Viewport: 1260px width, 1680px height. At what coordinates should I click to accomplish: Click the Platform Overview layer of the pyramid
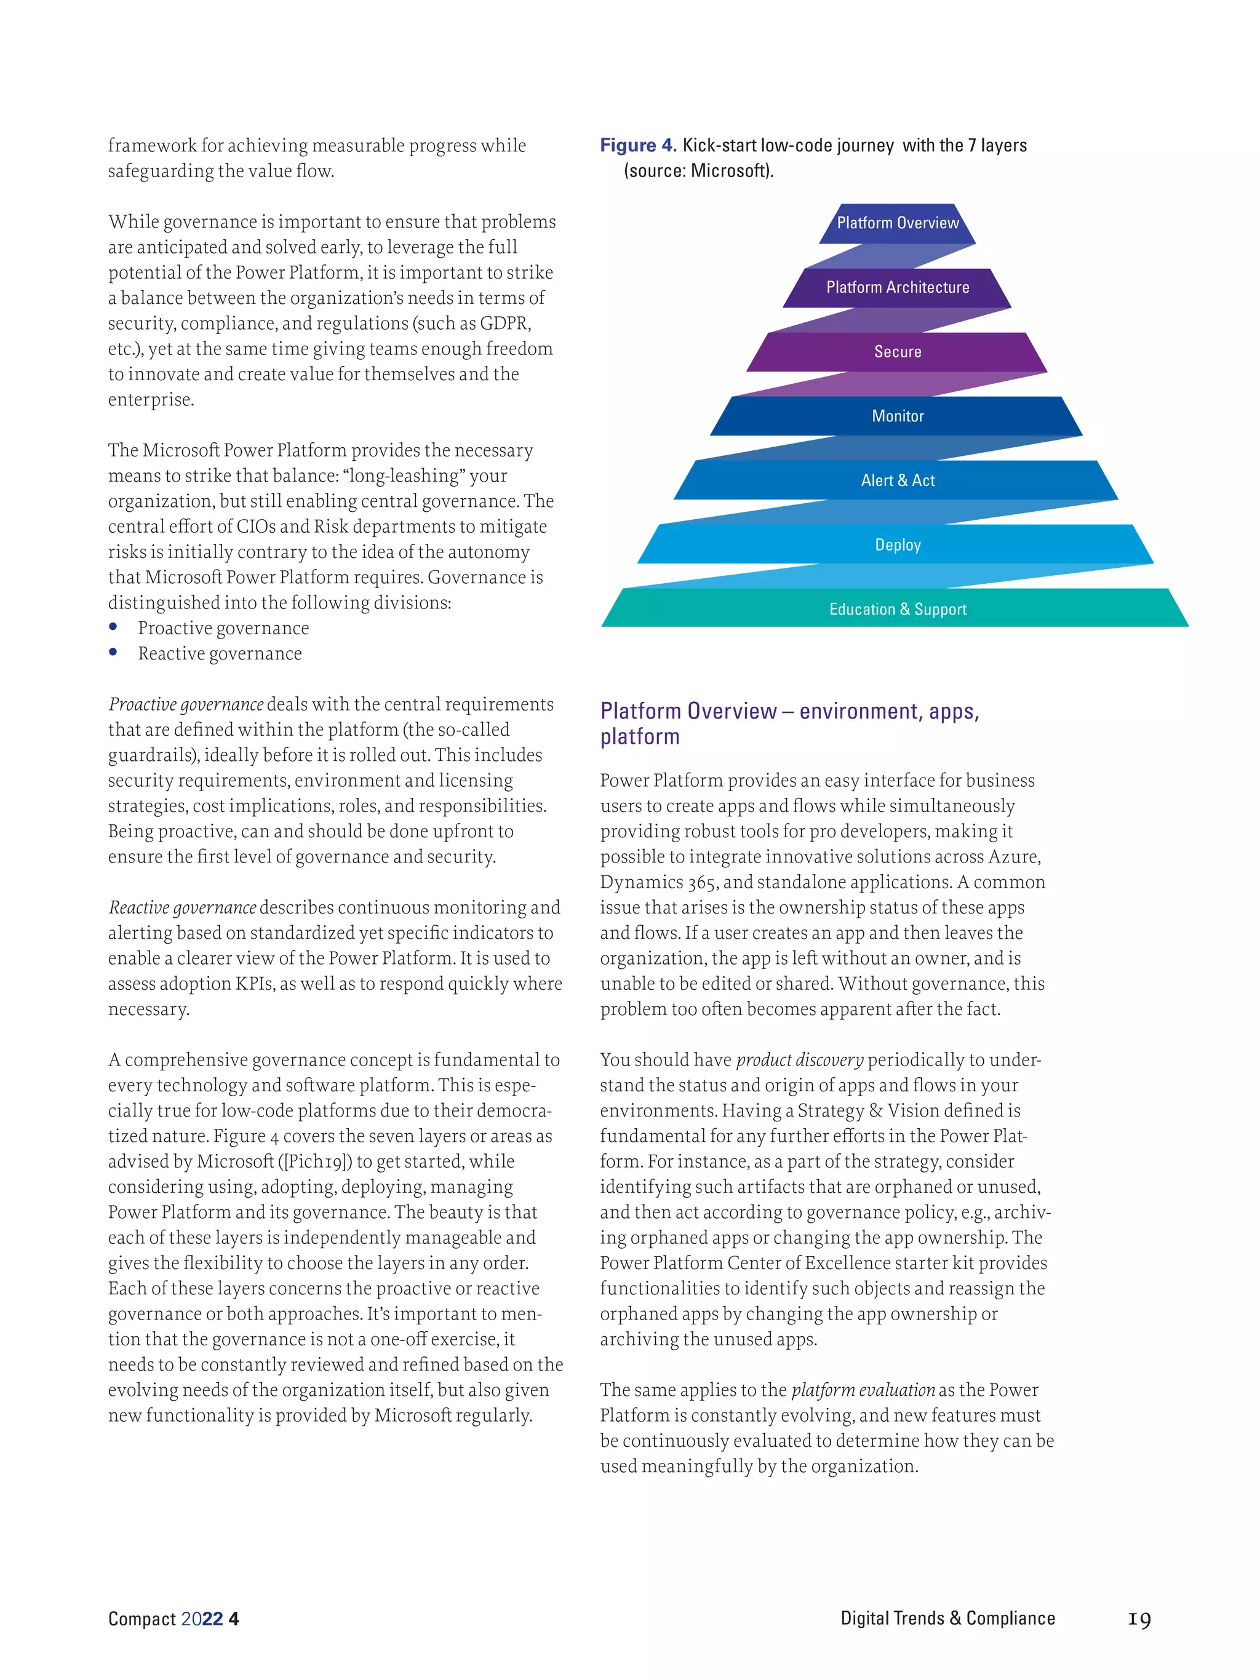897,223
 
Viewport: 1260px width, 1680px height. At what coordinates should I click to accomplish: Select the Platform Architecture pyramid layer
897,288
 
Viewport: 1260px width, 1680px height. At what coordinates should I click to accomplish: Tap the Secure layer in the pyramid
897,352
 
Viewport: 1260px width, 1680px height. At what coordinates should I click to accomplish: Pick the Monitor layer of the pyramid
897,416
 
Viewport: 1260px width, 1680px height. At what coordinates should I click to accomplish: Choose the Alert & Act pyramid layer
897,481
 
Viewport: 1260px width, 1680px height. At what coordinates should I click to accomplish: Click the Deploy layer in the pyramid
897,544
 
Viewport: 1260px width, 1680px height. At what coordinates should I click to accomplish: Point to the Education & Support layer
897,609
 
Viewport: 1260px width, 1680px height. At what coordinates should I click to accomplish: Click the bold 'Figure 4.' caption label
638,145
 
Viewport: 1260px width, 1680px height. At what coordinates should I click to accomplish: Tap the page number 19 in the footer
1139,1618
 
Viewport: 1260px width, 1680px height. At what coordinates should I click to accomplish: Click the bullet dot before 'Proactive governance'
113,627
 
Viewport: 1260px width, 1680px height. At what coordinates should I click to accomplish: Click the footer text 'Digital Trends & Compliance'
947,1618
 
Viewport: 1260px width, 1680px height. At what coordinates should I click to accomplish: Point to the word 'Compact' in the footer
142,1618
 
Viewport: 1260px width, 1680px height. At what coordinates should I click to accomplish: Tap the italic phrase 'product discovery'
800,1059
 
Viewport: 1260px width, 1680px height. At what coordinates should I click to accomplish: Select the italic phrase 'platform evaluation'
863,1390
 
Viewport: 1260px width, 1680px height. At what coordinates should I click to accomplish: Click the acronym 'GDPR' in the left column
504,324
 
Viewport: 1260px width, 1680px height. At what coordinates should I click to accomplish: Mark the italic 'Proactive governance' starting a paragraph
186,704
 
